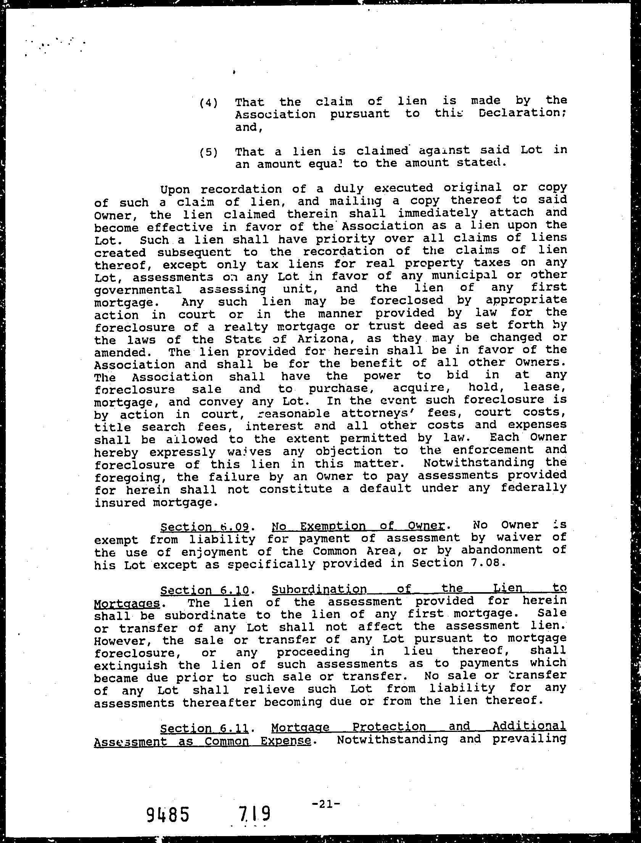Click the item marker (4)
[x=208, y=103]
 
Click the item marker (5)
[x=208, y=153]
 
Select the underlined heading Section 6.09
[x=205, y=527]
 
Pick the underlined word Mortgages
[x=126, y=603]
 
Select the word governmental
[x=138, y=289]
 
